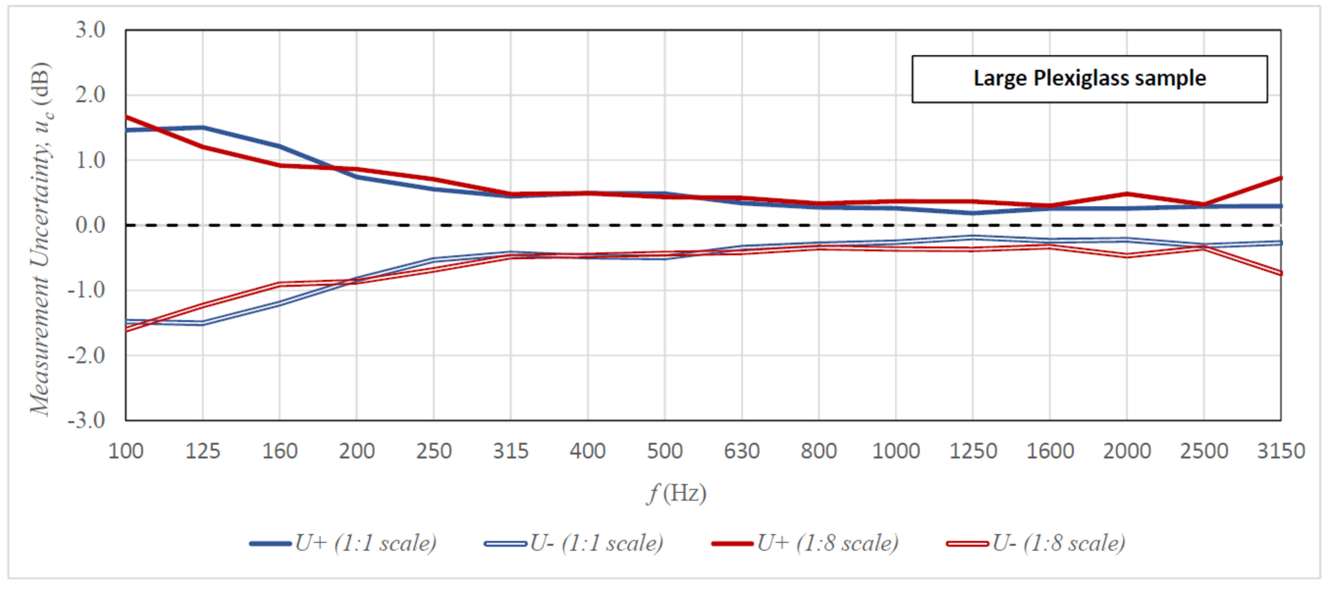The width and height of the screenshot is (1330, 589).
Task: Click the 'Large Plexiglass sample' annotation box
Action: tap(1089, 79)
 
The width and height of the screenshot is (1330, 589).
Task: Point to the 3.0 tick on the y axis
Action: tap(90, 30)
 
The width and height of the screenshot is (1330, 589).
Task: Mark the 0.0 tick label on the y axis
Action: tap(90, 225)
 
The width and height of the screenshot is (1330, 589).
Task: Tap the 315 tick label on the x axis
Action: tap(510, 451)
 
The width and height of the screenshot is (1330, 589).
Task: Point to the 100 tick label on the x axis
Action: tap(125, 451)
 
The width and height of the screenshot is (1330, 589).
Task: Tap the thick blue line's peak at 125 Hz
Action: tap(203, 127)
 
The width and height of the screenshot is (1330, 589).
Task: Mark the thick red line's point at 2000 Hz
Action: tap(1126, 194)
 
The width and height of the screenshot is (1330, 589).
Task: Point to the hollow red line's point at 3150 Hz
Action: tap(1280, 273)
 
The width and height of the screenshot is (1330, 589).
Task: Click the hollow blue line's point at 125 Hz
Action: tap(203, 323)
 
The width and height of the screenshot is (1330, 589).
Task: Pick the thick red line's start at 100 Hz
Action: tap(126, 117)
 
